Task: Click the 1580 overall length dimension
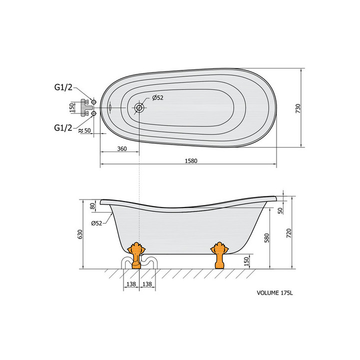(191, 160)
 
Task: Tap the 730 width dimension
(298, 108)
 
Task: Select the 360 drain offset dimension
(122, 149)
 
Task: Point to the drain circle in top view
(139, 107)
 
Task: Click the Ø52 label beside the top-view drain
(157, 97)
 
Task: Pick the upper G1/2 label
(63, 87)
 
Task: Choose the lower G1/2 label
(63, 127)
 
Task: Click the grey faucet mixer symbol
(85, 107)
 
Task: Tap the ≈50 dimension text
(84, 130)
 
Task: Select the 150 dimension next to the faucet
(72, 107)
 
